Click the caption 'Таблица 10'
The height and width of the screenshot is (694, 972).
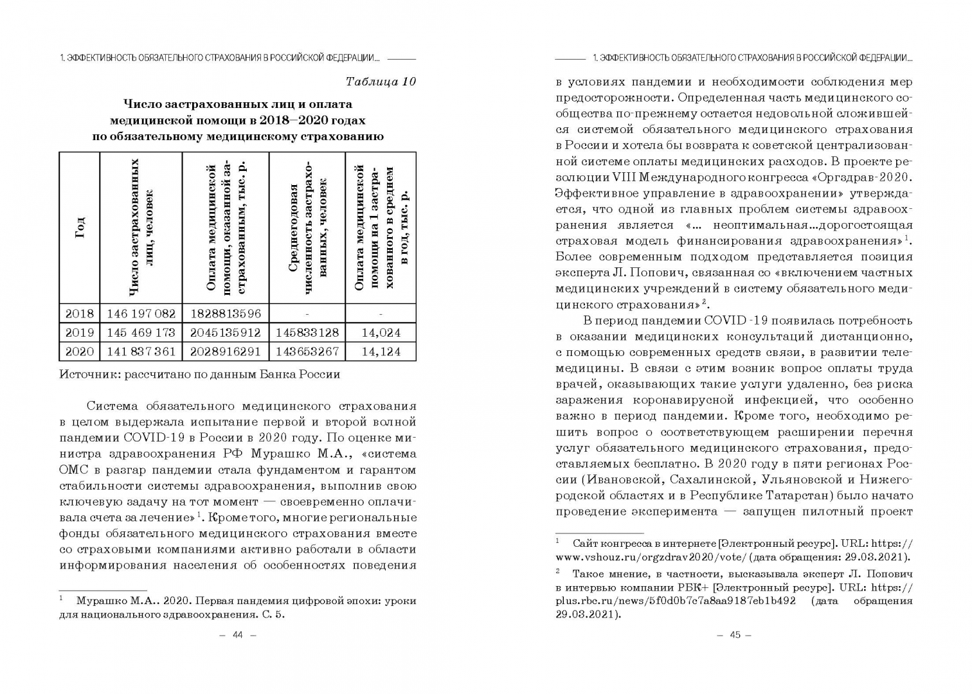coord(381,82)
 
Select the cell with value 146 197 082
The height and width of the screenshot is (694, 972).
coord(141,314)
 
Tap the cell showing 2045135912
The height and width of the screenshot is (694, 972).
coord(225,333)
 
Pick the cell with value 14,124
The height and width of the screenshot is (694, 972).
coord(381,351)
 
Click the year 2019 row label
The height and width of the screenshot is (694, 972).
coord(79,333)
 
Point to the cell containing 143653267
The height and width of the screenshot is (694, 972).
coord(307,351)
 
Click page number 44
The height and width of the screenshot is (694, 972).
coord(238,635)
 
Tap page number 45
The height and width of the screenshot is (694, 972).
coord(734,635)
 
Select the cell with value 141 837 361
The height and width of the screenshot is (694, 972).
coord(141,351)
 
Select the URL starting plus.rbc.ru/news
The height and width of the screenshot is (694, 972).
coord(675,600)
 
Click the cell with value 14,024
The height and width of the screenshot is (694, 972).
coord(381,333)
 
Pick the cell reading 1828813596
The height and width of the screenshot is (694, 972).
coord(225,314)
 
